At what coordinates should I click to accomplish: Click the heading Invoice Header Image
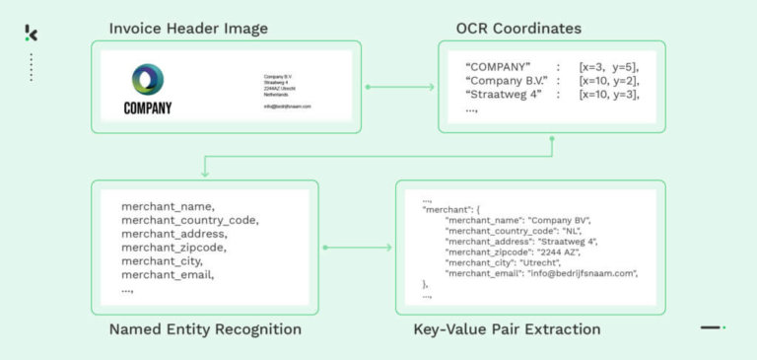coord(188,28)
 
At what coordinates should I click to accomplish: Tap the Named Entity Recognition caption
coord(205,328)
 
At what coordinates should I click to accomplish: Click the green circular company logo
coord(148,80)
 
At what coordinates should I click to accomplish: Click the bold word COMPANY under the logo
coord(148,108)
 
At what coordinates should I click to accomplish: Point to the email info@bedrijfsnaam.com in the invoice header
coord(288,107)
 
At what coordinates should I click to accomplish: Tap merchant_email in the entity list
coord(168,275)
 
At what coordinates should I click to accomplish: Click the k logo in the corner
coord(32,34)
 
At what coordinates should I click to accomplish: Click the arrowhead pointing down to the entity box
coord(204,174)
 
